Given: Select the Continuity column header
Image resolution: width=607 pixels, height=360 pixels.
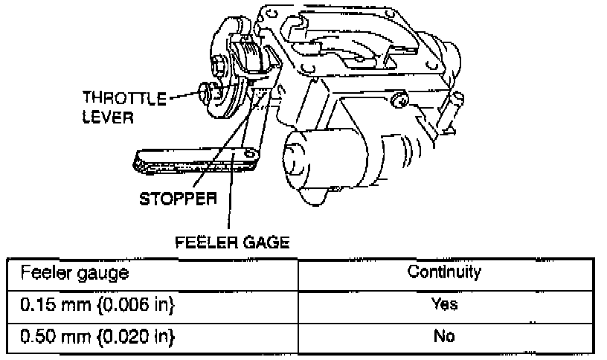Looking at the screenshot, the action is [444, 271].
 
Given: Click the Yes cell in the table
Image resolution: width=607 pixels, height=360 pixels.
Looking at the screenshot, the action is [444, 304].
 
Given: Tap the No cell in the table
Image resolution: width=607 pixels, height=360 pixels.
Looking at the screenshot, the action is [444, 335].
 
